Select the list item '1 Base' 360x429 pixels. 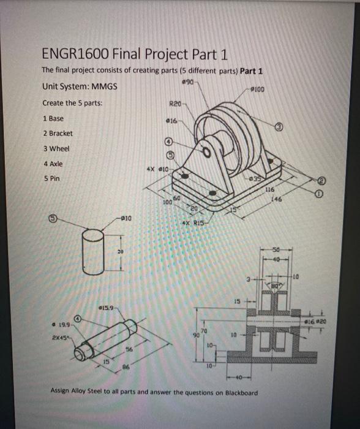click(53, 118)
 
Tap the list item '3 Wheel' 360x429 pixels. click(56, 148)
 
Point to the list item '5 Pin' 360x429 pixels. click(51, 179)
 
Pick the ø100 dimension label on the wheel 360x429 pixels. click(257, 89)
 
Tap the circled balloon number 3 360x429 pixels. click(278, 126)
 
